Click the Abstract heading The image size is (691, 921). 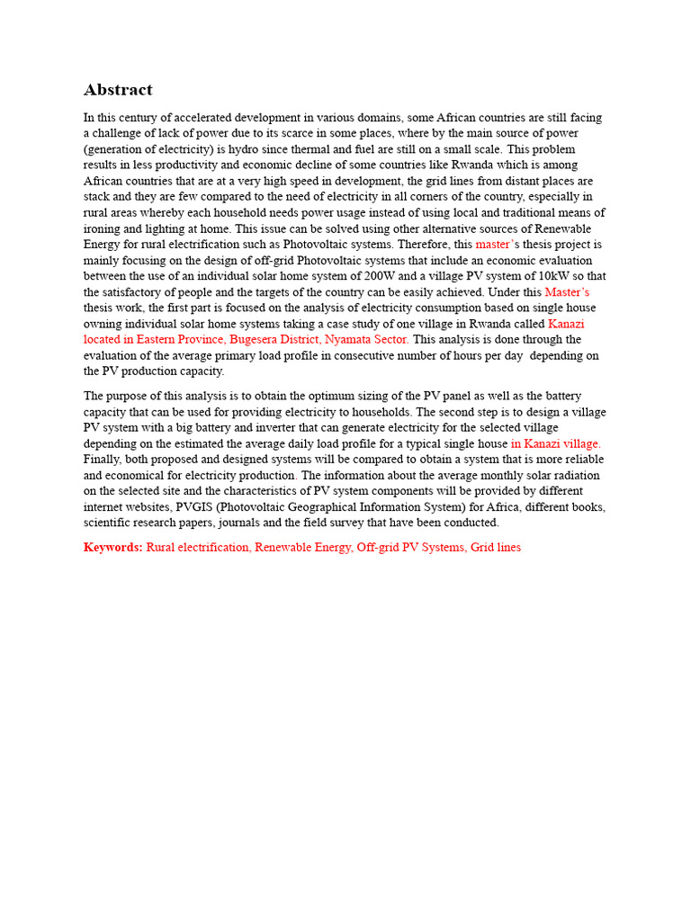click(118, 90)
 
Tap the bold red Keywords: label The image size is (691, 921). click(113, 547)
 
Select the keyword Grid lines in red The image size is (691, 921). click(496, 547)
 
